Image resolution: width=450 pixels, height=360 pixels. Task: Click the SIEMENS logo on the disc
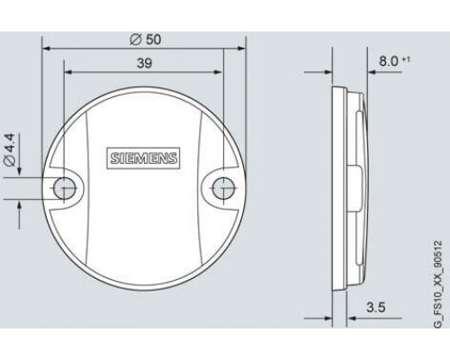143,158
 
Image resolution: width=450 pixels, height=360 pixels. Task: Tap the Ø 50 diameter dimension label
146,40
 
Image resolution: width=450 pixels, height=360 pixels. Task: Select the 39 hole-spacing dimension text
144,63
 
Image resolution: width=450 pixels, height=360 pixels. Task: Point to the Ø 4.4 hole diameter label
10,149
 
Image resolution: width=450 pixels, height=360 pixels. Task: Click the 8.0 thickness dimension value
389,61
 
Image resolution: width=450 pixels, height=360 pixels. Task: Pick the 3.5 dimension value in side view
376,307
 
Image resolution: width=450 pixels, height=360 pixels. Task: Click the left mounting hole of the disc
64,189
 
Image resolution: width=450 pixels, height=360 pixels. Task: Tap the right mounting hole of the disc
223,188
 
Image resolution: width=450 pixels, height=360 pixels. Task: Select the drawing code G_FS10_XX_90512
438,284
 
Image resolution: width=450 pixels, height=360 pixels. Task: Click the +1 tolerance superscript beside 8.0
406,59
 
